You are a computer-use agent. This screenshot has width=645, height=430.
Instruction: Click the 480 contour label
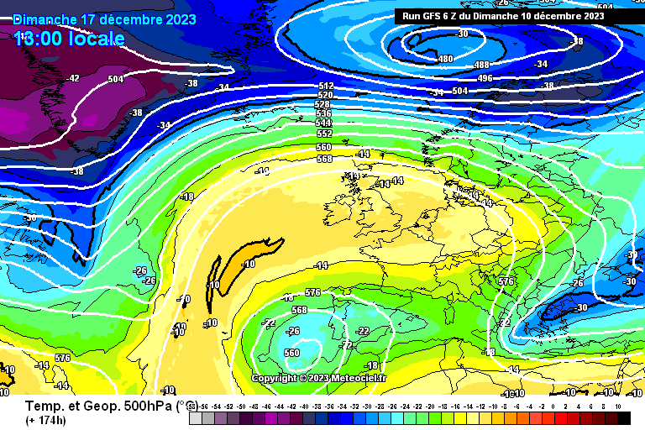click(x=445, y=59)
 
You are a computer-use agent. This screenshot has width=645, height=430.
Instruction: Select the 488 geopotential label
click(x=481, y=65)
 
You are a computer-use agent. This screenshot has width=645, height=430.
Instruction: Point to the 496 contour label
click(x=485, y=78)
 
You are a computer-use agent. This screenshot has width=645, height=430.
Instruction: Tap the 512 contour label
click(x=326, y=86)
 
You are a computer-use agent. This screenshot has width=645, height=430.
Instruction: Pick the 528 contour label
click(x=322, y=104)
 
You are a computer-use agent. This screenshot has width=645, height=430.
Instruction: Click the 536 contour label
click(x=324, y=113)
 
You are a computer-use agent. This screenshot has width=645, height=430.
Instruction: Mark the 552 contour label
click(x=324, y=134)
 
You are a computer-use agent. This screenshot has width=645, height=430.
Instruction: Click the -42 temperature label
click(x=73, y=78)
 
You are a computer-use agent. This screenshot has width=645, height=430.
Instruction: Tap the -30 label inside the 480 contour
click(x=462, y=34)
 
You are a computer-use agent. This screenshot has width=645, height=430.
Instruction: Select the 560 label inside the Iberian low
click(x=291, y=353)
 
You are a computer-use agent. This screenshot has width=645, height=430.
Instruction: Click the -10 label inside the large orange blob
click(x=249, y=264)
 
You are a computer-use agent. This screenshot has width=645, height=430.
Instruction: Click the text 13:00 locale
click(x=69, y=39)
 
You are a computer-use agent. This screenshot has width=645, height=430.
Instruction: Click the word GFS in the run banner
click(x=436, y=15)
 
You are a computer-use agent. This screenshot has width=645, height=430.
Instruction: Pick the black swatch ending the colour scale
click(x=623, y=417)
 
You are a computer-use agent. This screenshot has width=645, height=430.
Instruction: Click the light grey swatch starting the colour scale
click(x=195, y=417)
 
